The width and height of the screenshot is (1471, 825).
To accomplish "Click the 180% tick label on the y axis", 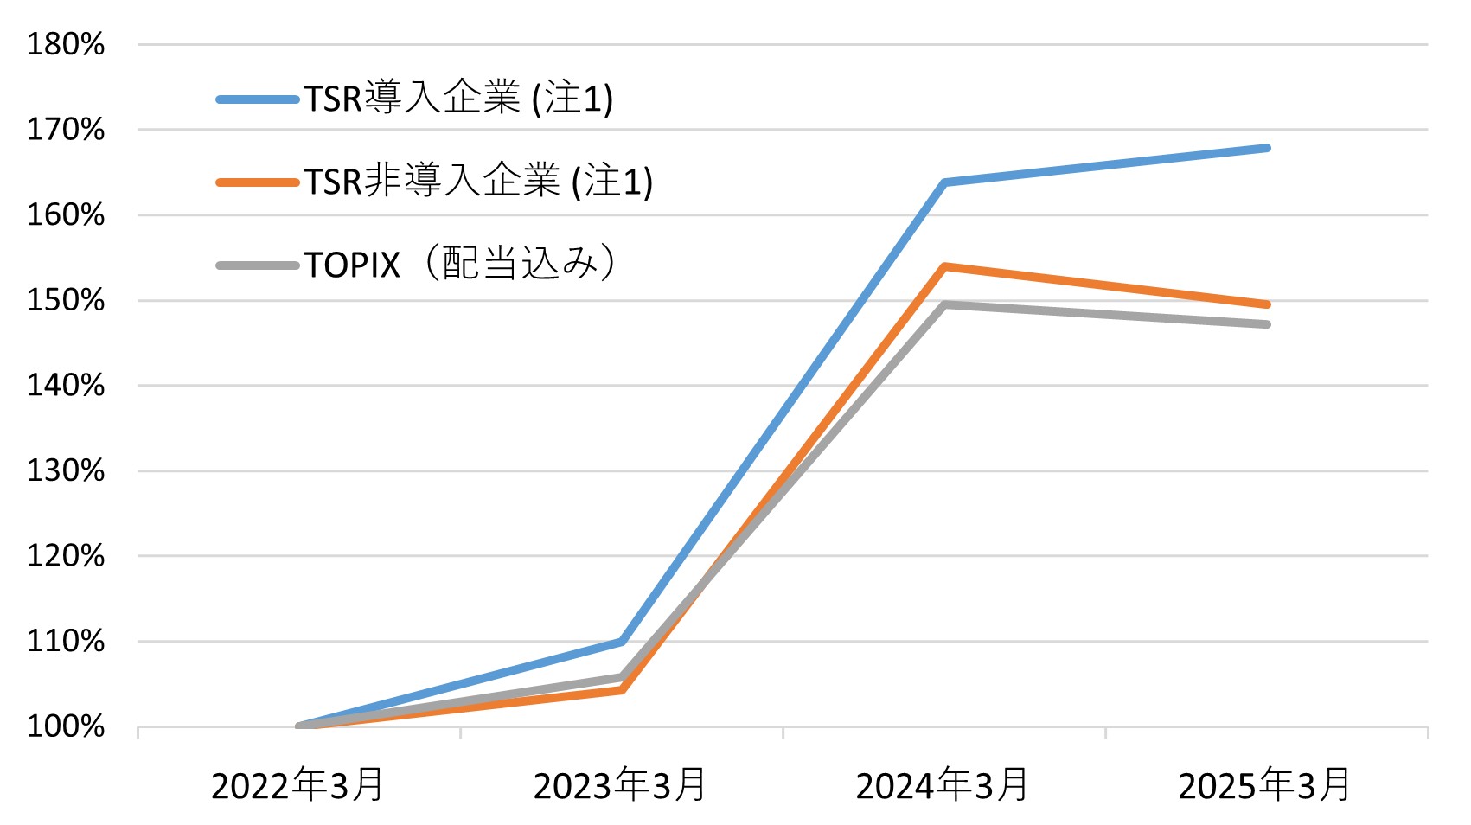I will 66,44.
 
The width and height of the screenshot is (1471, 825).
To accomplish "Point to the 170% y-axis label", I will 66,130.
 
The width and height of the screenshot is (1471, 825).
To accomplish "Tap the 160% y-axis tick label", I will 66,214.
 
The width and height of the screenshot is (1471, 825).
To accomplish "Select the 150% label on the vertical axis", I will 66,300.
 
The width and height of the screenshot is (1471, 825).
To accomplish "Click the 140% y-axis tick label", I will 66,385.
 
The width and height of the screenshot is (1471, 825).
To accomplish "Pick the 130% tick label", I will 66,470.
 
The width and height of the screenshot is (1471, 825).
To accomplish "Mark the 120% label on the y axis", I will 66,555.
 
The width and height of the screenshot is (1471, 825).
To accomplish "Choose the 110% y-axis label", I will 66,641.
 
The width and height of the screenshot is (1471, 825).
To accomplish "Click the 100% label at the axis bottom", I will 66,726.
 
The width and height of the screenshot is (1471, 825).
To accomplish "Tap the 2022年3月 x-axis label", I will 297,785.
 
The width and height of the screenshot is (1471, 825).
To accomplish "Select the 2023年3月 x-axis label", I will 620,785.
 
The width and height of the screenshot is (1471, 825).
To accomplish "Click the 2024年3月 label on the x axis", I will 943,785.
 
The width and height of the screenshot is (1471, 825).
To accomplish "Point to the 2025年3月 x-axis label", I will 1265,785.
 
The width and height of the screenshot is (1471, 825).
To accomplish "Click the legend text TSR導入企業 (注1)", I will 458,99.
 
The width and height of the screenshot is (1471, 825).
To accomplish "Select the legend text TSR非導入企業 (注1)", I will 478,182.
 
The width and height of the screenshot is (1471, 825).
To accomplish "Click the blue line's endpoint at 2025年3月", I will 1267,148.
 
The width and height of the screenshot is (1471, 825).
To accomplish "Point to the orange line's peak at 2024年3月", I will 945,266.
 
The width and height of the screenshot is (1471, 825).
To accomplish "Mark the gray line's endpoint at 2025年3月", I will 1267,324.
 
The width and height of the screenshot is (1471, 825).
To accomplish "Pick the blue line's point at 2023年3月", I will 622,642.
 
